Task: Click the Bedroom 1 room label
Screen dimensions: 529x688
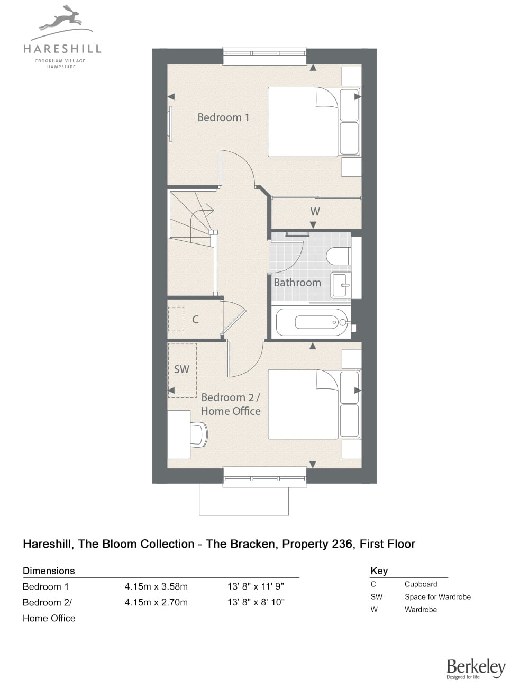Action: [223, 117]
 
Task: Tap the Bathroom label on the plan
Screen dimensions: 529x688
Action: [297, 283]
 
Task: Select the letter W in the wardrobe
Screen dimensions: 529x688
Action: [315, 211]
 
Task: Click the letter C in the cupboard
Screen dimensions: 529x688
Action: [195, 319]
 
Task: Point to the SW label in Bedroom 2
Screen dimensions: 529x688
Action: [181, 369]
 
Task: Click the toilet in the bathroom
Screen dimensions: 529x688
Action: [338, 256]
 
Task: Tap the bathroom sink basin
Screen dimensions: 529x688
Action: [341, 285]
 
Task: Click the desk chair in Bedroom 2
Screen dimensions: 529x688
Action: [199, 434]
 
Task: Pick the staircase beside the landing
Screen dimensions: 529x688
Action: [192, 219]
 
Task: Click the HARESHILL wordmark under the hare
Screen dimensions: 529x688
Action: [62, 49]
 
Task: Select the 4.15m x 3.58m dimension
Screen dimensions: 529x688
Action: [156, 586]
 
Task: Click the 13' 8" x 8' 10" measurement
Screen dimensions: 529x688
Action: [256, 602]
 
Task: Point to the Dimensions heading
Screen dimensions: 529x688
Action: [49, 571]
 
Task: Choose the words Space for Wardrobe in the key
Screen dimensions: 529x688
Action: [437, 596]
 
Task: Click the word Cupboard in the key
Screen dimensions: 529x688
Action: [421, 584]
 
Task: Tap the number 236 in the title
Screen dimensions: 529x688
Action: [342, 544]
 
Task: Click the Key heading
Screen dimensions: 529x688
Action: [379, 571]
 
